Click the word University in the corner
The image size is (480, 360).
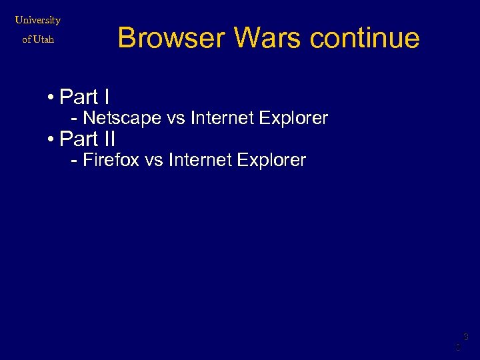pos(38,20)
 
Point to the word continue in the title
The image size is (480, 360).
pos(365,38)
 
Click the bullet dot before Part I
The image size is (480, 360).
pos(51,98)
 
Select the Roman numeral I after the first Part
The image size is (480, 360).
pos(106,97)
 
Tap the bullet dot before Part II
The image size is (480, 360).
pos(51,139)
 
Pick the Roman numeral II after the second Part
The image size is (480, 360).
pos(109,139)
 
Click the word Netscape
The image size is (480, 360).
pos(122,119)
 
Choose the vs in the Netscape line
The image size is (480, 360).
pos(175,119)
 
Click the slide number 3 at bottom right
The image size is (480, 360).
pos(466,337)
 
